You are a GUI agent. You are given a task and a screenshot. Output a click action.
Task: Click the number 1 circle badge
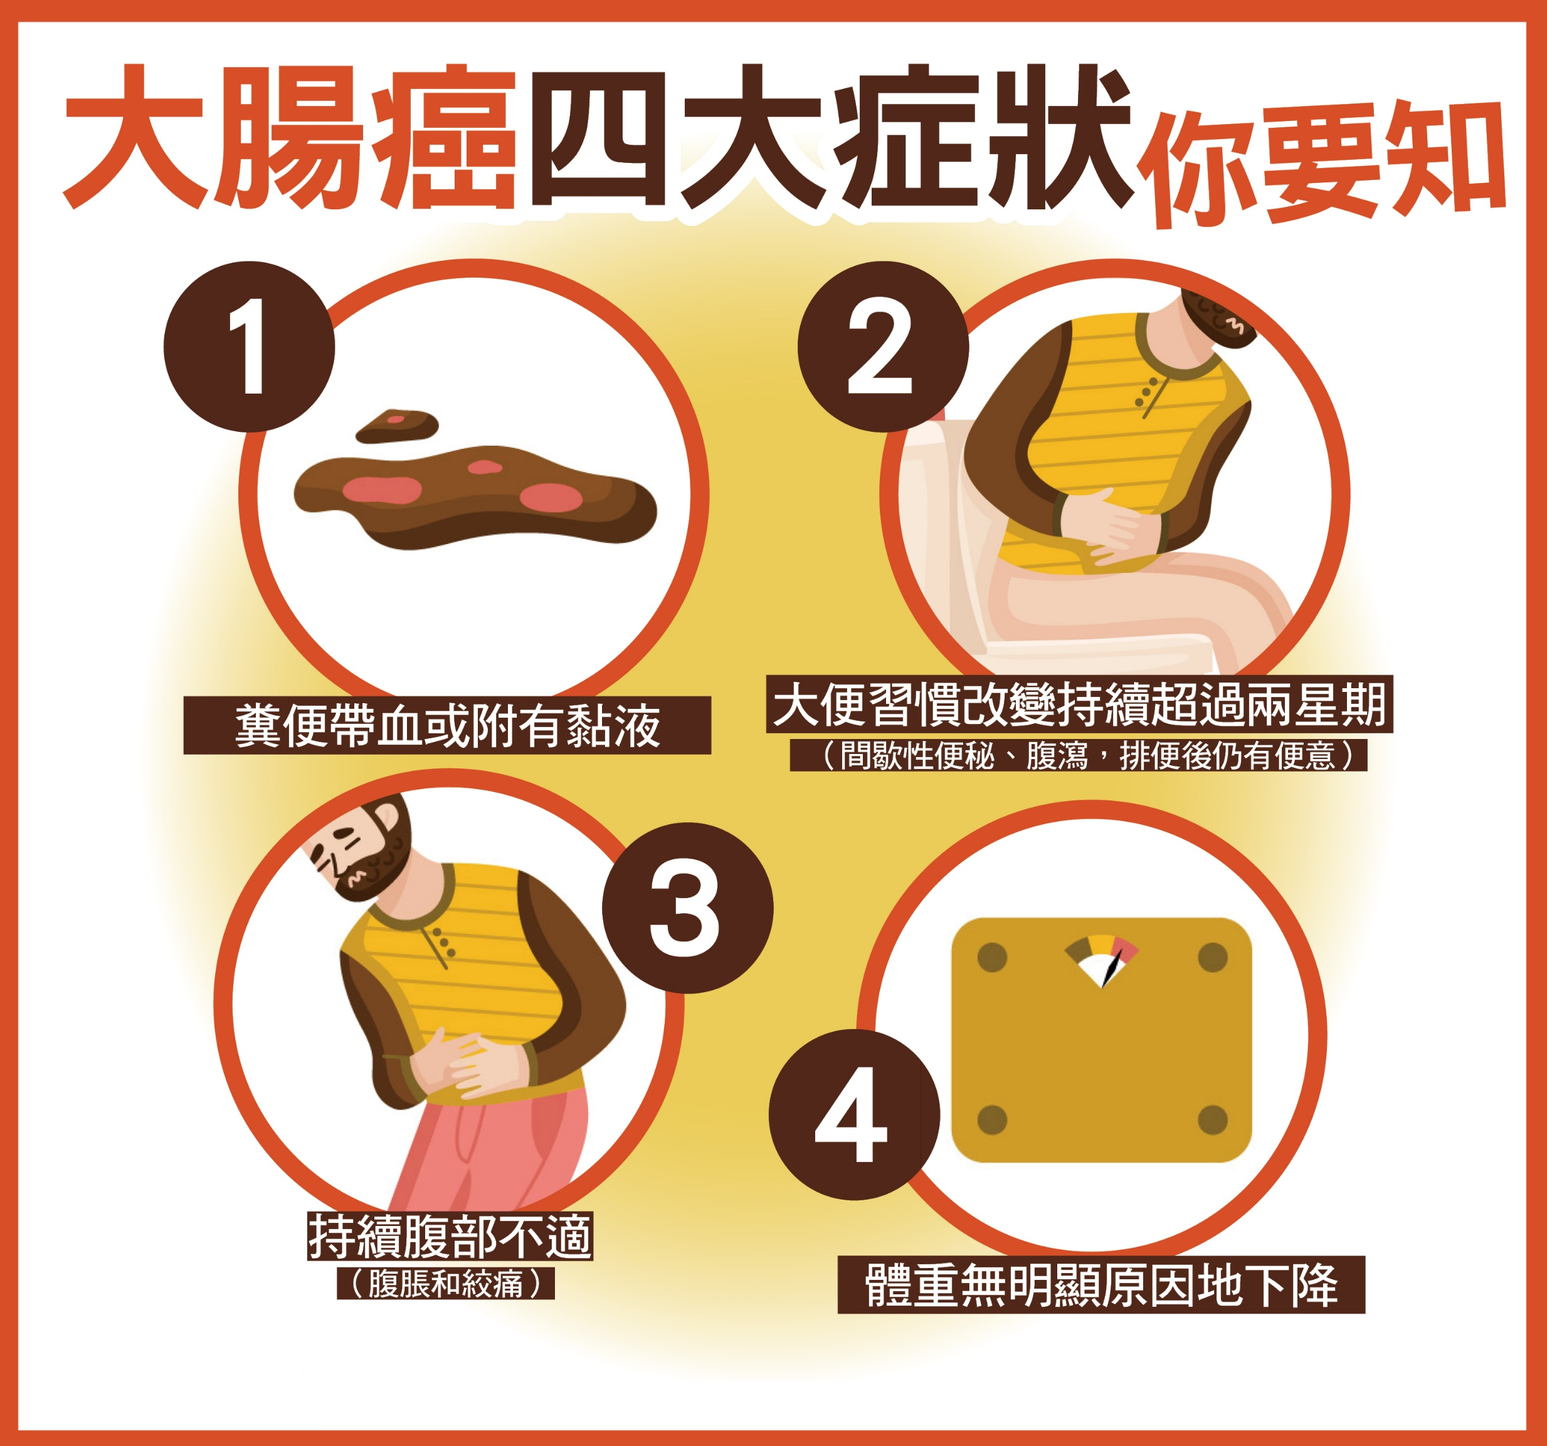[249, 346]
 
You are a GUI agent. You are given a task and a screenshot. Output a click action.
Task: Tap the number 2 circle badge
[883, 346]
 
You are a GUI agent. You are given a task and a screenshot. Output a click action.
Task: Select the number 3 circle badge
[688, 908]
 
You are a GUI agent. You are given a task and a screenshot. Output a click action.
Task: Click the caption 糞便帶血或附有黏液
[448, 725]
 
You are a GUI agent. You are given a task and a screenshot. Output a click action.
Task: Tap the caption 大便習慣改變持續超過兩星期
[1079, 705]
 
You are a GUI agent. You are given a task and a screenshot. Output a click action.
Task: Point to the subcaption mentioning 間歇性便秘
[1079, 755]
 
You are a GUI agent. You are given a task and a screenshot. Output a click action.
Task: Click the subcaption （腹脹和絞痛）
[445, 1284]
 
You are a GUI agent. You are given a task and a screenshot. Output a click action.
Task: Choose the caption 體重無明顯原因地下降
[1101, 1285]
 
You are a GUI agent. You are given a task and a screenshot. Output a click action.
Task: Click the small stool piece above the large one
[398, 426]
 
